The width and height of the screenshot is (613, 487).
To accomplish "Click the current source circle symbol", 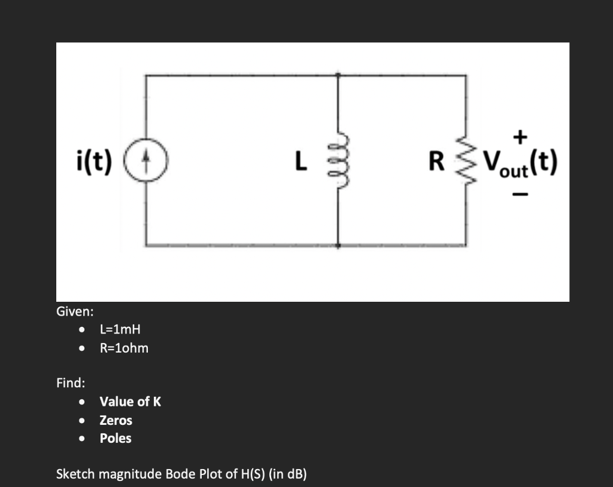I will pyautogui.click(x=154, y=161).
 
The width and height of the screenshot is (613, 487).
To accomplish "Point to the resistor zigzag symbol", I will pyautogui.click(x=466, y=161).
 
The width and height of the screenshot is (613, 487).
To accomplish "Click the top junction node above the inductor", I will pyautogui.click(x=338, y=75).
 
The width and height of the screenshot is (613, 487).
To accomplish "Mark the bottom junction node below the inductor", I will pyautogui.click(x=338, y=245).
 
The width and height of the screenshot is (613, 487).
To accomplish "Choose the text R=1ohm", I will pyautogui.click(x=124, y=348).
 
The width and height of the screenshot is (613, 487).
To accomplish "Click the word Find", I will pyautogui.click(x=70, y=382).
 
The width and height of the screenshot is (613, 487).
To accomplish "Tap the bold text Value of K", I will pyautogui.click(x=130, y=402).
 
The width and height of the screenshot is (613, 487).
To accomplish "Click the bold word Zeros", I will pyautogui.click(x=116, y=420).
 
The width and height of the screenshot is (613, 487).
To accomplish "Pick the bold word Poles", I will pyautogui.click(x=116, y=439).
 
